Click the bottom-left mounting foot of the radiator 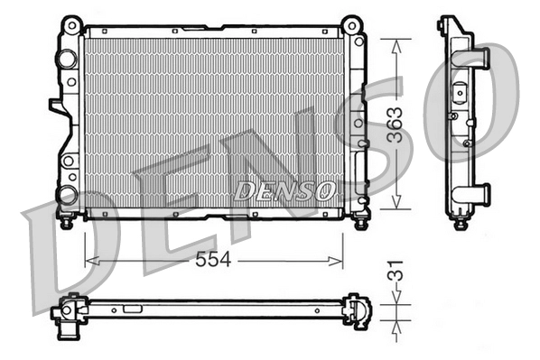(66, 219)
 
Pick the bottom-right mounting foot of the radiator (359, 219)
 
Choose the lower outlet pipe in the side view (479, 192)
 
